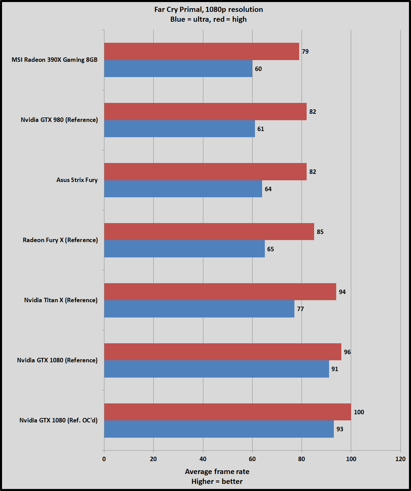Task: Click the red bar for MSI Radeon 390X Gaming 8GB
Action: (202, 51)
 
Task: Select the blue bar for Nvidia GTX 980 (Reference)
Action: (179, 129)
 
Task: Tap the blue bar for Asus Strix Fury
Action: (183, 189)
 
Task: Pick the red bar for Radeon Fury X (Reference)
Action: (209, 232)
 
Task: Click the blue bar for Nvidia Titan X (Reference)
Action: (199, 309)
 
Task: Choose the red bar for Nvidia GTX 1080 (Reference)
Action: (223, 352)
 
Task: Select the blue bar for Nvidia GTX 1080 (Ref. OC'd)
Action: (219, 429)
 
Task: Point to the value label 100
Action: (359, 412)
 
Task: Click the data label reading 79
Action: (305, 51)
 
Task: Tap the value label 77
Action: (301, 309)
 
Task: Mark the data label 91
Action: (335, 369)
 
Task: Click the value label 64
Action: (268, 189)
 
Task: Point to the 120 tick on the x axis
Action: (400, 459)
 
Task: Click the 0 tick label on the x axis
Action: (104, 459)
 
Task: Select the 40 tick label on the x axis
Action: (203, 459)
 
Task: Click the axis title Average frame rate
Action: (217, 471)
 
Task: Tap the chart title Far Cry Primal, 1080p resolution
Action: (208, 9)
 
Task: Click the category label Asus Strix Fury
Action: (77, 180)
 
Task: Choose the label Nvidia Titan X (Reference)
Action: (61, 300)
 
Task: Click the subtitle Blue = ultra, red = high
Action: (208, 19)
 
